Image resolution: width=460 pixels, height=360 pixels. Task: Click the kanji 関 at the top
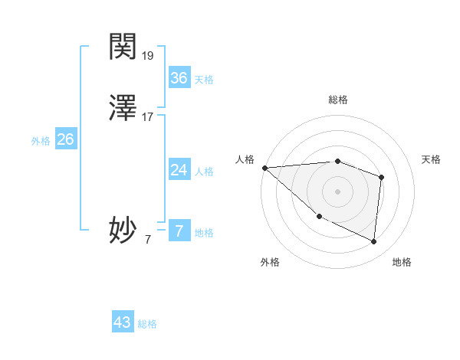click(x=123, y=47)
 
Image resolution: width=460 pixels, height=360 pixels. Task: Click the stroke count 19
click(x=148, y=56)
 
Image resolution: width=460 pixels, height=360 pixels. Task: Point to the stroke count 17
click(x=148, y=117)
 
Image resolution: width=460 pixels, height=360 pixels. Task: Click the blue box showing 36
click(x=179, y=78)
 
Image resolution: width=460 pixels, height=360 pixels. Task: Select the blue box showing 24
click(x=179, y=169)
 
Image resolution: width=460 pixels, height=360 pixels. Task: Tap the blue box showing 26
click(x=65, y=139)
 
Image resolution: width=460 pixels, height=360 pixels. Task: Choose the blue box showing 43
click(x=123, y=322)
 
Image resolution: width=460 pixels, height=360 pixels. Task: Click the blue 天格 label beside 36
click(x=204, y=80)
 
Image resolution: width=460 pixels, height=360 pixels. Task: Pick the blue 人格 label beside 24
click(x=204, y=171)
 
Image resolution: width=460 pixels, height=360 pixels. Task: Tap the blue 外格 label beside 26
click(x=41, y=141)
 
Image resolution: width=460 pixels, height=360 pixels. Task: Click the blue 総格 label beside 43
click(x=147, y=324)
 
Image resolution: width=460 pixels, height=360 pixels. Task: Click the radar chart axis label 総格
click(x=338, y=100)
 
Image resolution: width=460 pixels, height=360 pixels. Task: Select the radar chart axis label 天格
click(x=432, y=159)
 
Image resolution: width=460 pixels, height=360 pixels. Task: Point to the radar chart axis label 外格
click(x=270, y=262)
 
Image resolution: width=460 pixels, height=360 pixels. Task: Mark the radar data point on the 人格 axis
click(x=264, y=168)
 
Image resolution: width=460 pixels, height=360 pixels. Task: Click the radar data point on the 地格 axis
click(x=374, y=241)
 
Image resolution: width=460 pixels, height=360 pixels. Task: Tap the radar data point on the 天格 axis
click(x=382, y=177)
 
